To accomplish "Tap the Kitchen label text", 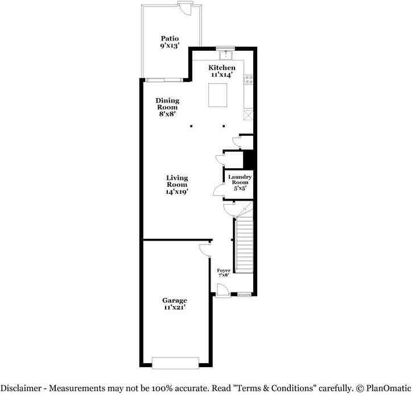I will (221, 71).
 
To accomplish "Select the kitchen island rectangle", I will (219, 95).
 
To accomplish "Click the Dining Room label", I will (167, 107).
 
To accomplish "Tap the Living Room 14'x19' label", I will (177, 185).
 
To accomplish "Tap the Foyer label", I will (223, 272).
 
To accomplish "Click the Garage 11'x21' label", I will (174, 304).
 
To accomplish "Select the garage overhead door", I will (175, 363).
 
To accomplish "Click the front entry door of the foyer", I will (223, 291).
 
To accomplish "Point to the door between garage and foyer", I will (205, 249).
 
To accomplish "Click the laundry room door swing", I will (219, 191).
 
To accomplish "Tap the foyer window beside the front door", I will (245, 295).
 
